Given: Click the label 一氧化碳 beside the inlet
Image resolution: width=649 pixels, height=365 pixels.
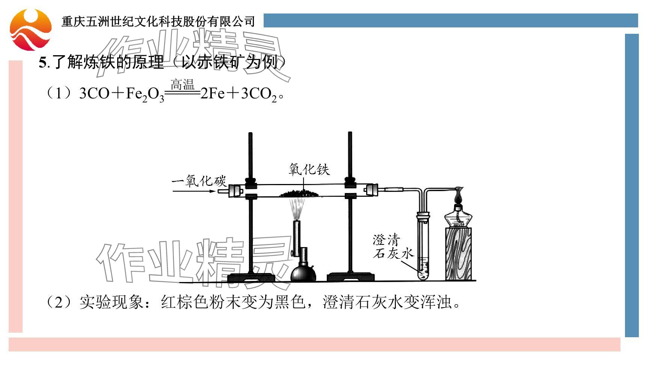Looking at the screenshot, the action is (199, 181).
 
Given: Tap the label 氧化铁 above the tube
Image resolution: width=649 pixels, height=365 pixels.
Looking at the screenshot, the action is (309, 169).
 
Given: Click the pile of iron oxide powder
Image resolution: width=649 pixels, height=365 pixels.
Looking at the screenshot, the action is (299, 194).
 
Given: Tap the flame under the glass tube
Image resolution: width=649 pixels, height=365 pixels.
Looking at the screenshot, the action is (298, 208).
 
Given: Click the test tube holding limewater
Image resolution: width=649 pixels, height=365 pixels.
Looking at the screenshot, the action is (424, 248).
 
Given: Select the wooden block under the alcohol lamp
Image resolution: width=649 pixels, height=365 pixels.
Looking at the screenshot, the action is (458, 254).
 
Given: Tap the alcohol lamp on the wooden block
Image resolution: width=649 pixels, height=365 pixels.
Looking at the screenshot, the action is (458, 216).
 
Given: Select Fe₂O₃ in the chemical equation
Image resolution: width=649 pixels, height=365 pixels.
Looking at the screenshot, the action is (145, 94).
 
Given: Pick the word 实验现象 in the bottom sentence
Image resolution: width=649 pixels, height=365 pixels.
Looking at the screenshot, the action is (111, 302).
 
